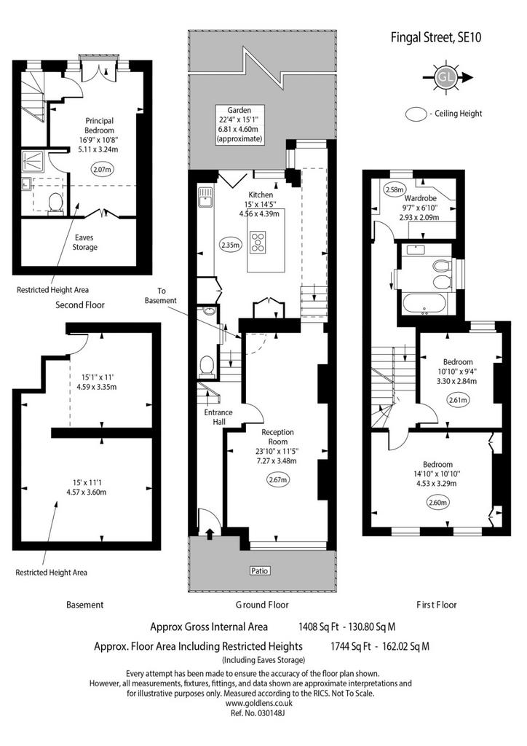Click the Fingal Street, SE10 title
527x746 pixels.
click(x=436, y=37)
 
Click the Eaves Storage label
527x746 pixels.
click(x=84, y=242)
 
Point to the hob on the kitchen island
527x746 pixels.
click(x=259, y=242)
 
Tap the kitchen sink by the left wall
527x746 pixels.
click(x=205, y=197)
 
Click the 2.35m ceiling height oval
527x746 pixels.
click(x=231, y=245)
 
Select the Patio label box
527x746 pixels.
click(x=259, y=570)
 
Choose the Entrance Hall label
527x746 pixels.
click(x=218, y=417)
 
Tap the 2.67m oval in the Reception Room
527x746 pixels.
click(x=277, y=479)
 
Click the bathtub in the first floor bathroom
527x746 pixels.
click(x=424, y=305)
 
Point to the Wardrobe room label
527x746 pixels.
click(x=420, y=198)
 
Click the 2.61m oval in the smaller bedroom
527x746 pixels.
click(x=458, y=400)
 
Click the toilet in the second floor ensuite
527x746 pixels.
click(x=55, y=204)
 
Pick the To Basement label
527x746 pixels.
click(x=161, y=296)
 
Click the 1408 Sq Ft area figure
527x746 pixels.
click(x=318, y=627)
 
